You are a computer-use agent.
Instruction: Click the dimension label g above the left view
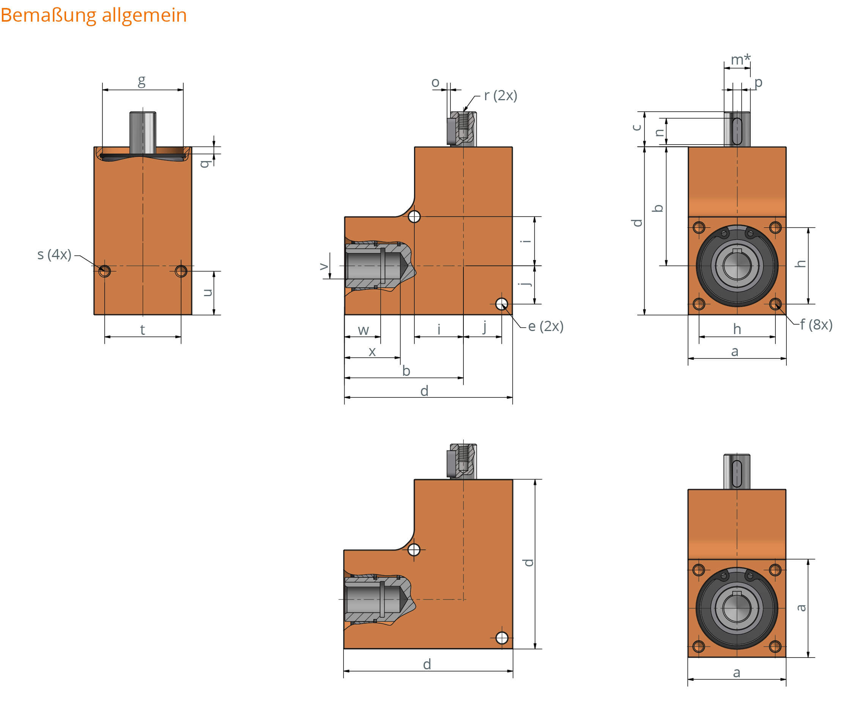(142, 81)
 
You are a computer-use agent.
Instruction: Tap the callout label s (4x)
(54, 254)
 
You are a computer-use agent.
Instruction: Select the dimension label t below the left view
(142, 330)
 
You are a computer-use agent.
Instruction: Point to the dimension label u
(207, 293)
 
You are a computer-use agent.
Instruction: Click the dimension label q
(205, 163)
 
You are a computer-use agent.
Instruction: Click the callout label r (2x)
(501, 95)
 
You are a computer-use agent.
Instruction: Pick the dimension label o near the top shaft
(435, 82)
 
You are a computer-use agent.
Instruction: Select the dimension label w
(364, 330)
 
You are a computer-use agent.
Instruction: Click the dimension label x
(372, 352)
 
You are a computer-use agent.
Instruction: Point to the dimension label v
(323, 267)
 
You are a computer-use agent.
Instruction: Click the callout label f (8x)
(816, 324)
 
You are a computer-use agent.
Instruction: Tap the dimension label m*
(740, 59)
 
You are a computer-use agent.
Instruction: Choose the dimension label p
(758, 82)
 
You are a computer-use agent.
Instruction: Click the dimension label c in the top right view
(637, 128)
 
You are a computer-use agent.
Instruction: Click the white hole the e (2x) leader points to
(502, 304)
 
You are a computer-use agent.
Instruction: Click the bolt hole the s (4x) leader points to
(105, 271)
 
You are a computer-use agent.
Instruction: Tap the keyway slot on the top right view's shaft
(737, 131)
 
